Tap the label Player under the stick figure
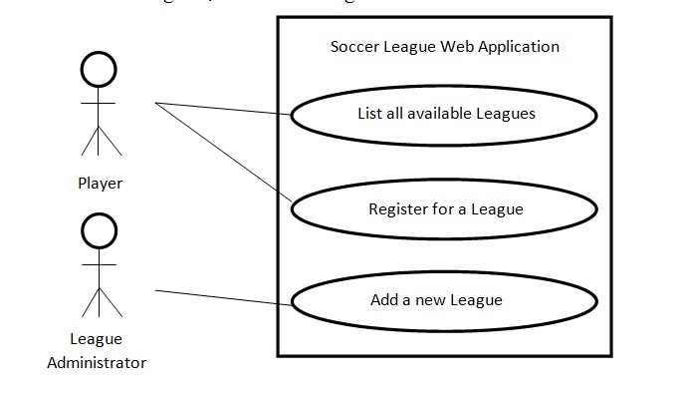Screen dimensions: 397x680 (x=100, y=184)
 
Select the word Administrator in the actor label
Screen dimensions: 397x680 (x=97, y=362)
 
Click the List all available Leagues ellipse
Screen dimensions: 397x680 (x=444, y=114)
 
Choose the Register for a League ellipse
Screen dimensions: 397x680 (x=444, y=209)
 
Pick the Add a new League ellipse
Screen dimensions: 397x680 (x=444, y=299)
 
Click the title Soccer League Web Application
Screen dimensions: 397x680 (x=444, y=47)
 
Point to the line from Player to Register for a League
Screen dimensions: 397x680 (x=224, y=155)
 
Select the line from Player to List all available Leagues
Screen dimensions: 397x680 (x=224, y=108)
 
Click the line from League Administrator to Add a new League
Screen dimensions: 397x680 (x=224, y=297)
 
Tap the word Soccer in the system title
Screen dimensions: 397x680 (x=354, y=47)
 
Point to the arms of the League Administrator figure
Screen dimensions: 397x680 (x=99, y=265)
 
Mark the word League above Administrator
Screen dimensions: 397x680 (x=97, y=339)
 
